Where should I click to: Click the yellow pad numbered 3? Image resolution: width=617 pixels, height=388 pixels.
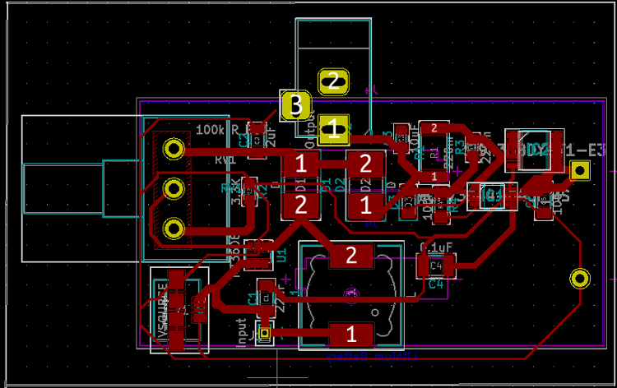click(x=294, y=104)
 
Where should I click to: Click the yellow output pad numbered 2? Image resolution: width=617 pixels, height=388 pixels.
click(x=333, y=81)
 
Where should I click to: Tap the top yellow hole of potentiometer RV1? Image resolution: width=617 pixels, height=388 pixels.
click(x=173, y=149)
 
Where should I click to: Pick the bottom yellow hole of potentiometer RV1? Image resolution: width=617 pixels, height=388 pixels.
click(x=173, y=228)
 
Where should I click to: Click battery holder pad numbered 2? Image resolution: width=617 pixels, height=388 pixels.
click(x=351, y=257)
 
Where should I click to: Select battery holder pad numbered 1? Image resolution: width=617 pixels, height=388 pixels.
click(x=351, y=334)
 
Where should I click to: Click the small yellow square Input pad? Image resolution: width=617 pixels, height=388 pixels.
click(x=265, y=334)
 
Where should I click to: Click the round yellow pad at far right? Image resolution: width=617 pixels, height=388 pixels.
click(x=581, y=279)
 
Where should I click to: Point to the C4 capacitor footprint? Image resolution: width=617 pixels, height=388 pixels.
click(x=435, y=266)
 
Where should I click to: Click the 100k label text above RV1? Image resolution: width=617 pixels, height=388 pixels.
click(x=211, y=130)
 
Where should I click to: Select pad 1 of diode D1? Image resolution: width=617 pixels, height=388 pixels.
click(x=301, y=163)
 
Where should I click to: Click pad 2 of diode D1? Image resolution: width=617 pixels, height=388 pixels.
click(x=301, y=205)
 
